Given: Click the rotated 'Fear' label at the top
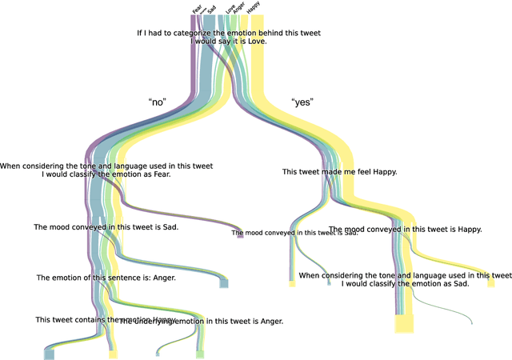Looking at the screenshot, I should coord(198,8).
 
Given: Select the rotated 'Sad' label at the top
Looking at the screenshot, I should coord(211,8).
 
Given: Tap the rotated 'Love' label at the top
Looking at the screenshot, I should coord(230,8).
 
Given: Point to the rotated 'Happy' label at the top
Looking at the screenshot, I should coord(254,8).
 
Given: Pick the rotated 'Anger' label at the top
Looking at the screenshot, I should coord(239,8).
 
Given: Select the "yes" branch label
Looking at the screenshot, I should coord(302,102).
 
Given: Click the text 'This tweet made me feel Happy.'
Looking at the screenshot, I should coord(340,172).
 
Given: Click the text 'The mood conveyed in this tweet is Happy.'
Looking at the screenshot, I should coord(406,229).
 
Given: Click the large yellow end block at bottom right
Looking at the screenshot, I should coord(404,324).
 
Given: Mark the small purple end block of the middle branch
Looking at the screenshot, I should coord(240,235).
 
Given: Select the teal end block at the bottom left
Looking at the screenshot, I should coord(50,354).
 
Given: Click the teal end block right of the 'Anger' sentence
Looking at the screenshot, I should coord(225,283).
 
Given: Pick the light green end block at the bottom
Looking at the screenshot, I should coord(200,354).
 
